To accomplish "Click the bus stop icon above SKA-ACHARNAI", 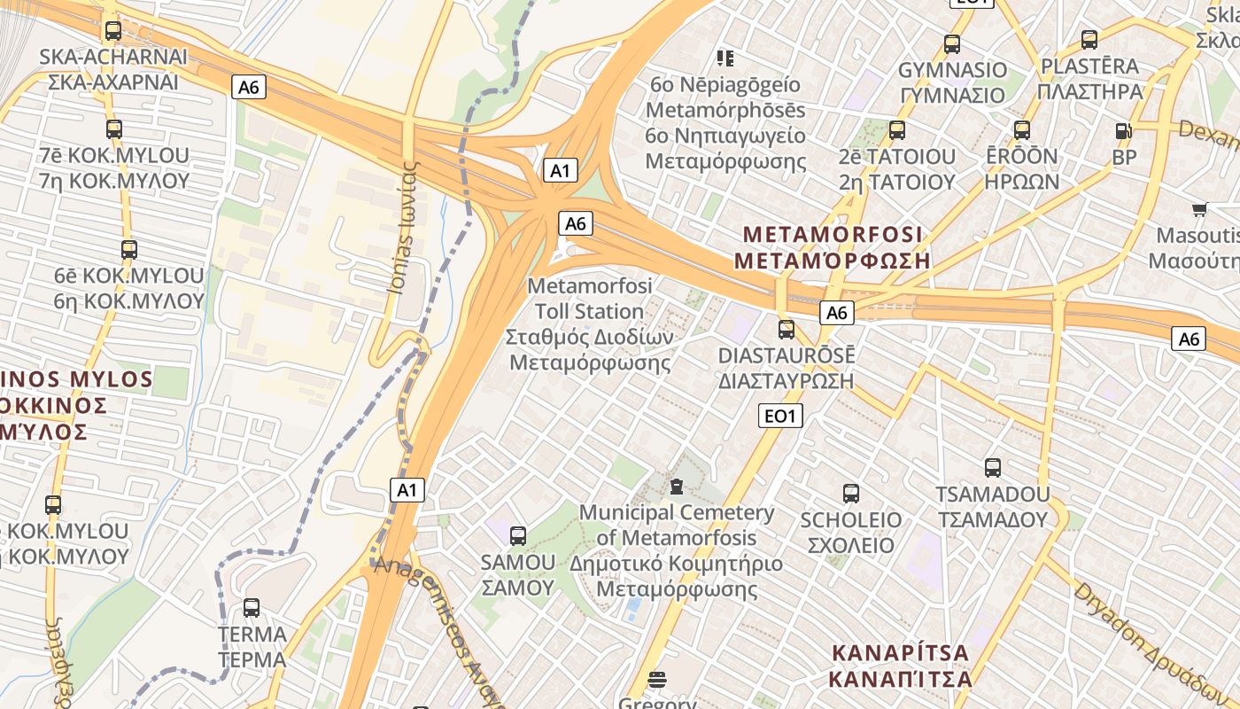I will pos(112,31).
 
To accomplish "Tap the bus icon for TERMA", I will pos(252,608).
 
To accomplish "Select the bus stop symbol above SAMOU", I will pos(518,535).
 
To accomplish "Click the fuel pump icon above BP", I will pos(1124,131).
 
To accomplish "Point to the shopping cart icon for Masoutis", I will pos(1199,210).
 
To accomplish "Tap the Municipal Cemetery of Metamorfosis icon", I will pos(677,487).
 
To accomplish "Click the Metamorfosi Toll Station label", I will pos(590,323).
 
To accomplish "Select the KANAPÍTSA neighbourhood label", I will pos(900,666).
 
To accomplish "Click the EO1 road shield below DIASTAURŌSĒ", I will pos(781,416).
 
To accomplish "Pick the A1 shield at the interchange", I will pos(560,170).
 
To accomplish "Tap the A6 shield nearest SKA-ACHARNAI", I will pos(249,87).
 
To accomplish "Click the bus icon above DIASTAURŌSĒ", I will pos(786,330).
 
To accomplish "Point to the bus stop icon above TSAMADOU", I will pos(993,468).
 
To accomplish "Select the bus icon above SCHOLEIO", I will pos(851,494).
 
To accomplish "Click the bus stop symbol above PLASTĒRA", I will pos(1089,40).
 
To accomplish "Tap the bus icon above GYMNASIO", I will pos(952,43).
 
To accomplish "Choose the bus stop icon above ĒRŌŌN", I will pos(1022,130).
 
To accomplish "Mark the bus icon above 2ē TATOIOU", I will pos(897,130).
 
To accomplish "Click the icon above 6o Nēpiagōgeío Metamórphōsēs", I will pos(725,58).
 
